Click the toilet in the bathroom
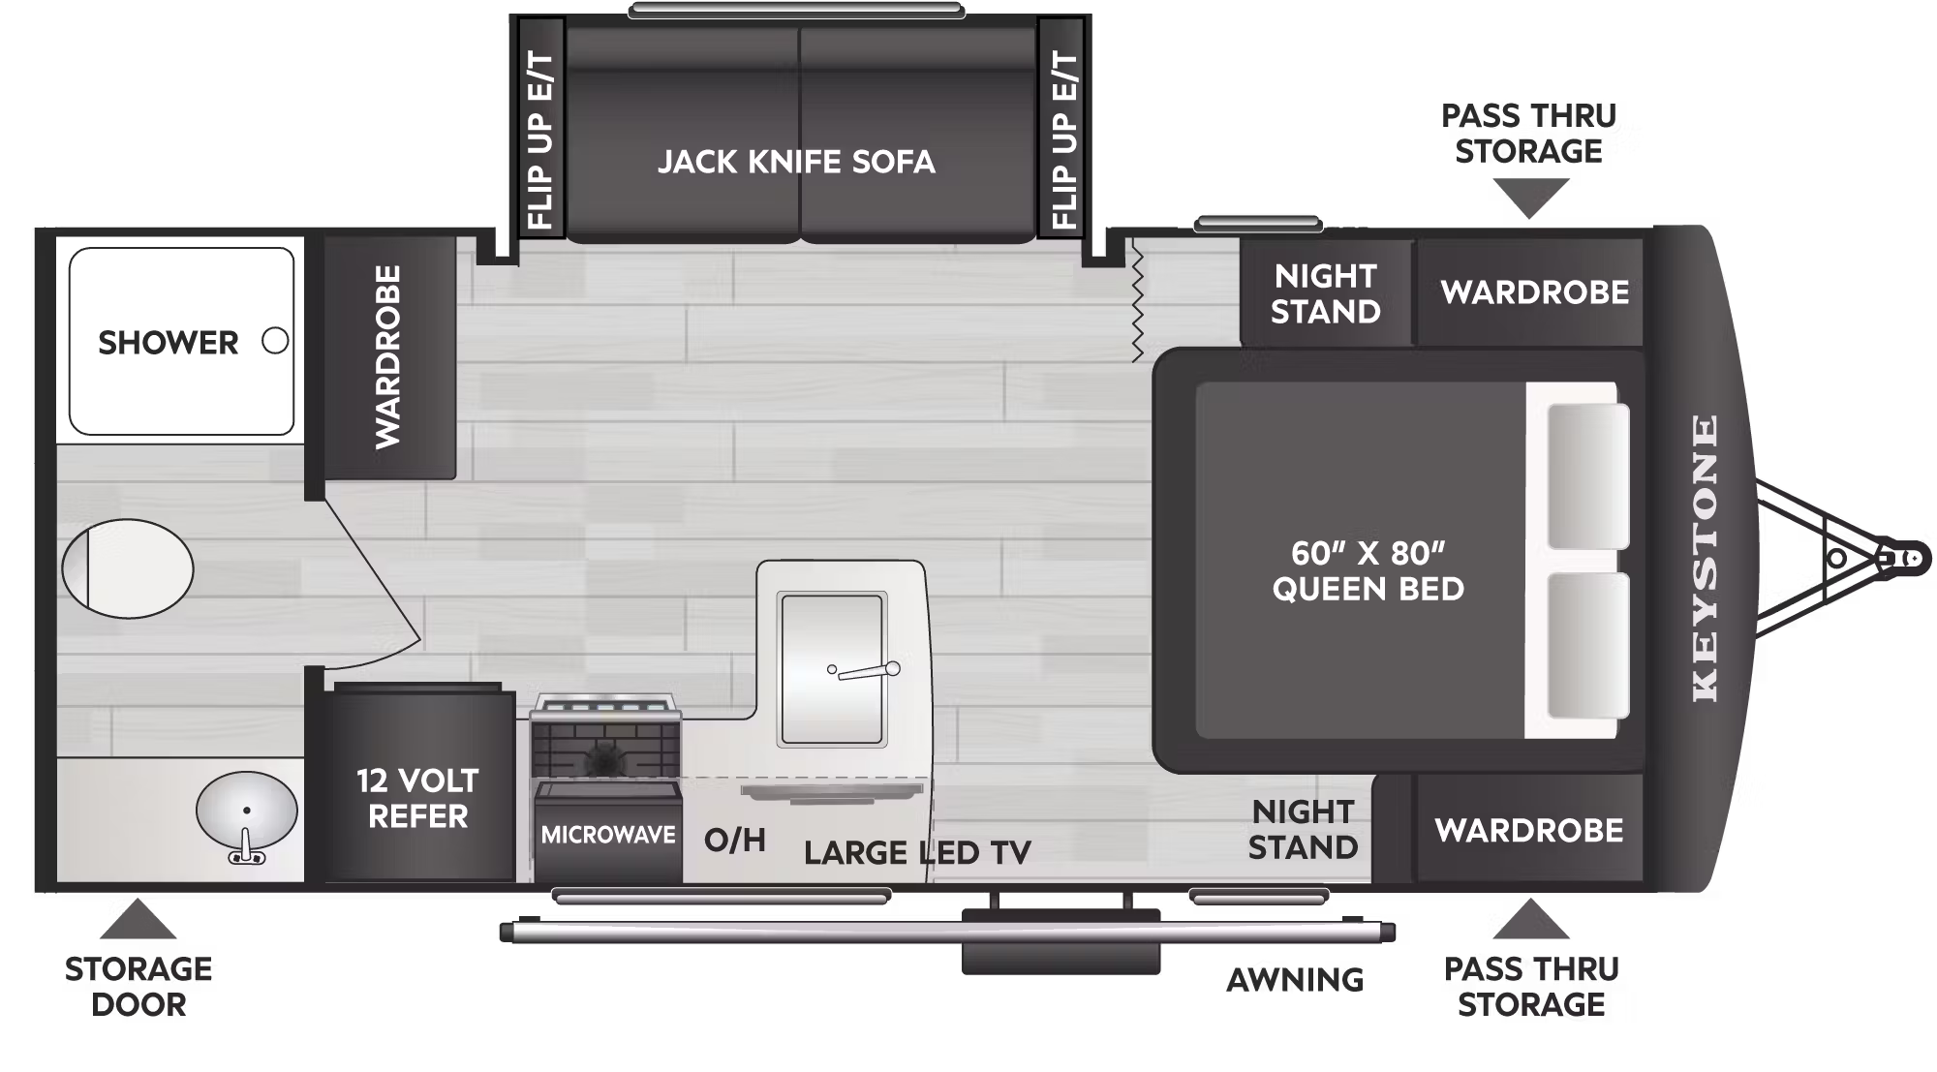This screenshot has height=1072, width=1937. [x=127, y=568]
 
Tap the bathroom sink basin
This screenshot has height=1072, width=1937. [x=246, y=810]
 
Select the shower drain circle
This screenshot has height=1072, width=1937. [x=275, y=341]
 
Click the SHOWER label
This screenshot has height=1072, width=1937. [x=168, y=343]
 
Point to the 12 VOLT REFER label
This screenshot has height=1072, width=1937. [x=417, y=798]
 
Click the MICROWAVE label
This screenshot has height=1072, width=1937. [x=608, y=835]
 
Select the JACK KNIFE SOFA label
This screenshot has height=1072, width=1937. [x=796, y=162]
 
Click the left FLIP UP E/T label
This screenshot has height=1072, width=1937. [x=539, y=140]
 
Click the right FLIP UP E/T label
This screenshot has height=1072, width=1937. [x=1063, y=140]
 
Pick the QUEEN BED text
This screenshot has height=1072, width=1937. [x=1368, y=589]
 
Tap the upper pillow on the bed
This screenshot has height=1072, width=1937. [x=1587, y=475]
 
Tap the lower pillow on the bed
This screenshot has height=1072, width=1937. [x=1587, y=646]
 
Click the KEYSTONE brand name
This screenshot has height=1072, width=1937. [x=1706, y=559]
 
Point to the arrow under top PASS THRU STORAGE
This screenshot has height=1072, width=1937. [x=1529, y=199]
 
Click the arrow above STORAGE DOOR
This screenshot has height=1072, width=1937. [x=138, y=919]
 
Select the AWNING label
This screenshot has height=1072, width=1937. [x=1295, y=980]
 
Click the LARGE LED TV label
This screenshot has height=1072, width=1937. [x=917, y=853]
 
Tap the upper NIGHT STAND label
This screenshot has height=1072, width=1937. [x=1325, y=293]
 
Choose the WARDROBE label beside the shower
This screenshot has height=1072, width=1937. [x=387, y=357]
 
